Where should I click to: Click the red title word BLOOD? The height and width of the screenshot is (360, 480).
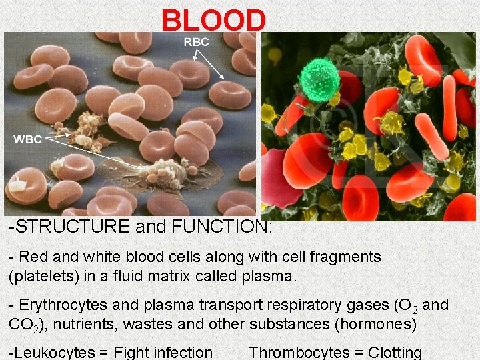tap(213, 20)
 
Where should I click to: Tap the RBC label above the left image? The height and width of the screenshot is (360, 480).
tap(196, 42)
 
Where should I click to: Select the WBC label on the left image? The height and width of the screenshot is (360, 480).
tap(28, 139)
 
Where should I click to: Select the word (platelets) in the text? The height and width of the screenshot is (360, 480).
tap(41, 275)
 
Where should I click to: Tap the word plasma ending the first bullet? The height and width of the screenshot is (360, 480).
tap(271, 275)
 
